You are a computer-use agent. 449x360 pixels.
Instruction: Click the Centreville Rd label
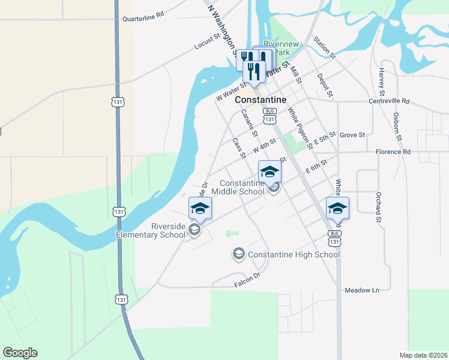tap(389, 101)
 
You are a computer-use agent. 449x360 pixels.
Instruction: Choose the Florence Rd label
tap(393, 152)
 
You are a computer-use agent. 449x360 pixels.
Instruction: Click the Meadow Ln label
tap(363, 290)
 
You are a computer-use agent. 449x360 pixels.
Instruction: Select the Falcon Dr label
tap(247, 275)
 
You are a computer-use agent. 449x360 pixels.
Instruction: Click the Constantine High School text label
tap(294, 254)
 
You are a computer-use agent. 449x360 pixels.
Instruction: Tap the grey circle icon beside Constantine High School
tap(238, 254)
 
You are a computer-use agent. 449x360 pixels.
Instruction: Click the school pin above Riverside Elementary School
tap(200, 208)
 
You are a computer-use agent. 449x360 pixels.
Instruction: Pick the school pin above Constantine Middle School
tap(270, 172)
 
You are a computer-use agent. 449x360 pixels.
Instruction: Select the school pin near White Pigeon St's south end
tap(337, 208)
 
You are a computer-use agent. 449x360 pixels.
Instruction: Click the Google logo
tap(20, 353)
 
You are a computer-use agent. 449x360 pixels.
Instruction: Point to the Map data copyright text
tap(424, 355)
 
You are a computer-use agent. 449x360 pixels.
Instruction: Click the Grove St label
tap(352, 135)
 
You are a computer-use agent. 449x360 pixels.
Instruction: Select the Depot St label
tap(325, 85)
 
